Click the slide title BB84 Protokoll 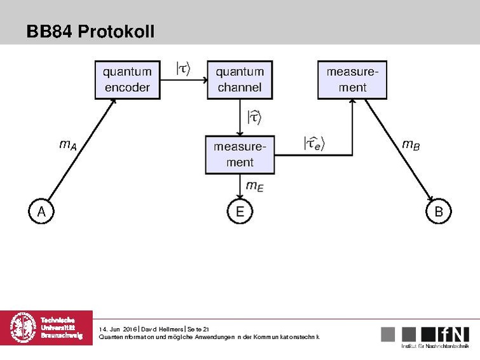point(90,31)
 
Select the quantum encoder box point(127,80)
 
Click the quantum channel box point(239,80)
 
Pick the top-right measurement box point(352,80)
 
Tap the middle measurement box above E point(240,155)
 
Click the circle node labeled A point(41,211)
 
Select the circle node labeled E point(240,211)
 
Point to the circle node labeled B point(438,211)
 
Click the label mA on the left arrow point(68,145)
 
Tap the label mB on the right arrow point(411,145)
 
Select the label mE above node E point(254,186)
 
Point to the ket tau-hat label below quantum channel point(254,117)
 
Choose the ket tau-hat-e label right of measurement point(313,144)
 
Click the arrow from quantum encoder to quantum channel point(184,80)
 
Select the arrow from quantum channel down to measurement point(240,117)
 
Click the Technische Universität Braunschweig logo point(46,328)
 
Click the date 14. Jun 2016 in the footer point(118,328)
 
